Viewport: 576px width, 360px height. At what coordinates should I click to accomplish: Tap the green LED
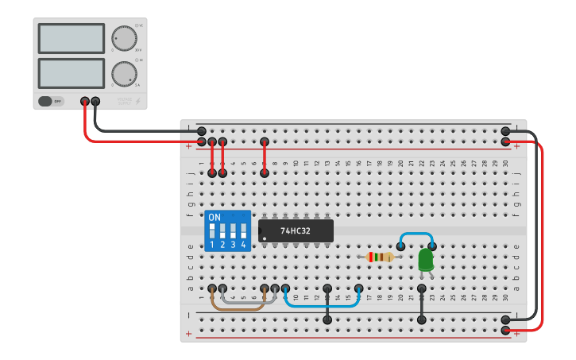pos(425,260)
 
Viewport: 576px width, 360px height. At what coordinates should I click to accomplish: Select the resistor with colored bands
pos(379,257)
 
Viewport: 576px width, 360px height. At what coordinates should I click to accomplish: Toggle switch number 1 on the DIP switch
pos(212,231)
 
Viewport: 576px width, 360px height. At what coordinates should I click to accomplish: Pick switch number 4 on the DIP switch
pos(243,231)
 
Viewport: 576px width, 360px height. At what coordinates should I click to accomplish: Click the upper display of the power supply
pos(71,38)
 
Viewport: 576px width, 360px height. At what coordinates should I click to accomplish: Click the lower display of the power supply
pos(71,73)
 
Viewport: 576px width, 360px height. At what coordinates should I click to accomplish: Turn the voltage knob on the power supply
pos(123,38)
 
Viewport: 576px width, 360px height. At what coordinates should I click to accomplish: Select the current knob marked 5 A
pos(123,73)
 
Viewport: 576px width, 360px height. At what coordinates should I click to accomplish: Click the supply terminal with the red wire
pos(85,101)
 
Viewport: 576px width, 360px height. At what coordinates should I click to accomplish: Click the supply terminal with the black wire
pos(96,101)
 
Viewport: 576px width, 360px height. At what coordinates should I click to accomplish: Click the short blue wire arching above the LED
pos(416,234)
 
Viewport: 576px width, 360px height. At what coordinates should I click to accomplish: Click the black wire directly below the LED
pos(422,304)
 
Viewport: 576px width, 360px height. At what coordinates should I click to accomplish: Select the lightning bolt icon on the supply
pos(141,101)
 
